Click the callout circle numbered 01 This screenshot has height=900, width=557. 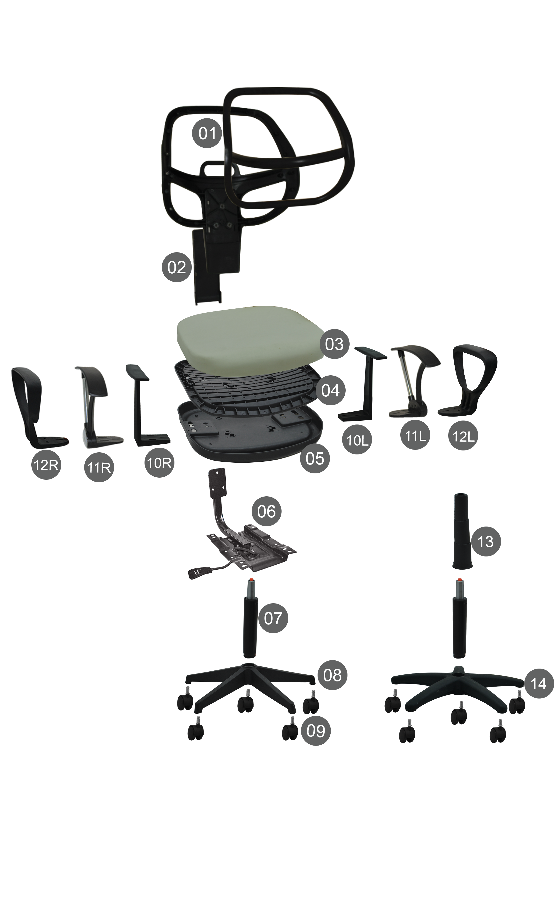pos(207,133)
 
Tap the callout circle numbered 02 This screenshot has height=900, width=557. pos(177,267)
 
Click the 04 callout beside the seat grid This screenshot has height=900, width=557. pos(330,390)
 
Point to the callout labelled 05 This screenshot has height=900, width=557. pos(315,458)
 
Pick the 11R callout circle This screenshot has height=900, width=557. pos(99,467)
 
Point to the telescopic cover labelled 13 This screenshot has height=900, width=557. pos(462,531)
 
